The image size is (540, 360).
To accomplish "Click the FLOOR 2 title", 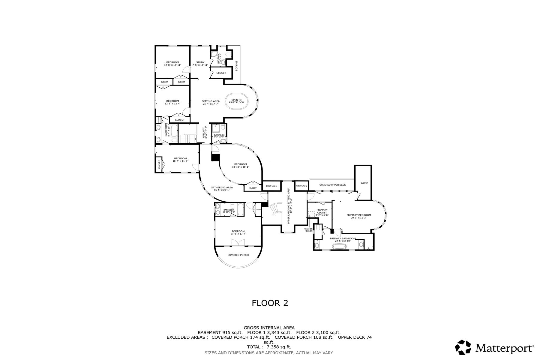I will click(270, 303).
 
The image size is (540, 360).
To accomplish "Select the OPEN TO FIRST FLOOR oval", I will click(236, 101).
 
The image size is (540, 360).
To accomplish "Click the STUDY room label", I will click(200, 64).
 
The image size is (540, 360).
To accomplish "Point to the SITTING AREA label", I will click(211, 102).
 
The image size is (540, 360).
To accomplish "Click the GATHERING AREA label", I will click(221, 189).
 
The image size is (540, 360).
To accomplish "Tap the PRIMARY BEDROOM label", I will click(358, 216).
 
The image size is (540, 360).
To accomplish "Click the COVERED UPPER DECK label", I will click(332, 185).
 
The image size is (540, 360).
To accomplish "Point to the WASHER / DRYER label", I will click(308, 230).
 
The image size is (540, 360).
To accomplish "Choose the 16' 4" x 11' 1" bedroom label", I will click(180, 160).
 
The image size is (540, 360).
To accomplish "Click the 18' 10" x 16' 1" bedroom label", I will click(240, 165).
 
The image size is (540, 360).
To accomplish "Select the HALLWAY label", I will click(205, 133).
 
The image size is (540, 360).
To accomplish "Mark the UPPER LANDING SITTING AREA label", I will click(289, 205).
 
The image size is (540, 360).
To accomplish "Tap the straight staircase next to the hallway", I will click(187, 139).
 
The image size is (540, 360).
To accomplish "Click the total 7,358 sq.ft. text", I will click(269, 347).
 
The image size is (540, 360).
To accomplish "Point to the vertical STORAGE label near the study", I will click(236, 66).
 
